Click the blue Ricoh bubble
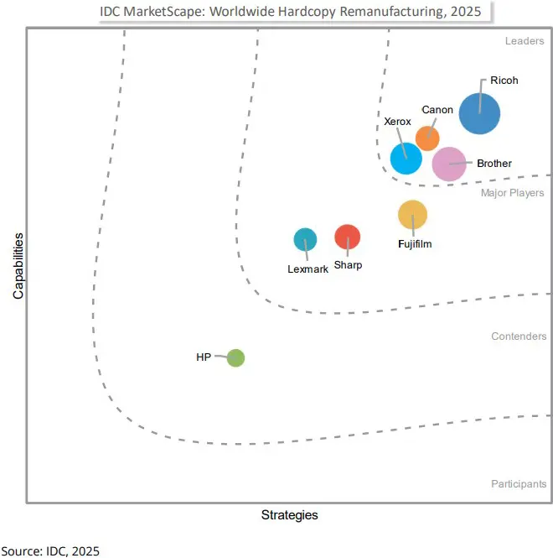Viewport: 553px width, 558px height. [x=479, y=114]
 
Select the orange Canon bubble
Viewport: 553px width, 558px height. [x=427, y=138]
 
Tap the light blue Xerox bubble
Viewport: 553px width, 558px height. [x=406, y=157]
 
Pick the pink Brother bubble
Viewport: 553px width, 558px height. [x=448, y=164]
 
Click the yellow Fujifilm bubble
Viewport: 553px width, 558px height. [x=412, y=215]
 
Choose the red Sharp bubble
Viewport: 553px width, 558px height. [x=347, y=237]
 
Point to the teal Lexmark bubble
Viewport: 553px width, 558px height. [x=305, y=239]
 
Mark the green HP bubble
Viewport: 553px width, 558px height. [x=235, y=358]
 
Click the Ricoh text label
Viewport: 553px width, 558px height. [x=505, y=81]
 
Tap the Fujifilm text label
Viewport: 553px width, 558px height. [x=415, y=244]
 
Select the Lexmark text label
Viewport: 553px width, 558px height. [x=308, y=269]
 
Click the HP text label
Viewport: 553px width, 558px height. [x=204, y=357]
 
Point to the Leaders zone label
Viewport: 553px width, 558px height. [x=525, y=40]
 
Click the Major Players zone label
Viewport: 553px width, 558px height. [x=512, y=193]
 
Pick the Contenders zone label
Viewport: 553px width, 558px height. [x=519, y=336]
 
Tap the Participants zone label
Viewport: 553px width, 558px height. [x=519, y=484]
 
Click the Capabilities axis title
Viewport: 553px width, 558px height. [x=18, y=266]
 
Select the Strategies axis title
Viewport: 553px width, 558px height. [x=289, y=514]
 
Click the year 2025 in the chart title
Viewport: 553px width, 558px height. [x=464, y=13]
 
